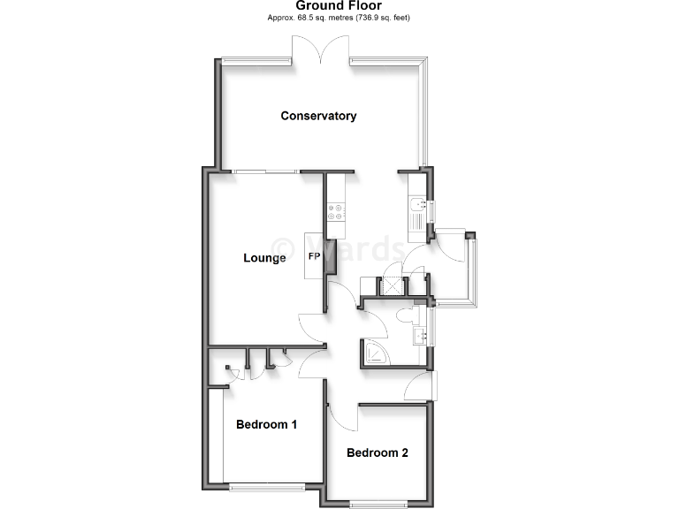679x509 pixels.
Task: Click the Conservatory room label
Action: [x=318, y=116]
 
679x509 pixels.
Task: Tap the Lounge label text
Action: [x=264, y=258]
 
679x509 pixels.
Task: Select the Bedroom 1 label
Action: [x=266, y=424]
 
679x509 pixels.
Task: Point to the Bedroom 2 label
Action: [x=378, y=452]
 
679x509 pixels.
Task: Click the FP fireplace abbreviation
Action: [x=313, y=257]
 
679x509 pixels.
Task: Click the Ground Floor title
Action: [x=339, y=5]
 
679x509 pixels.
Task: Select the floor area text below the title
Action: [x=339, y=18]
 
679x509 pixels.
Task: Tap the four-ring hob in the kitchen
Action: [x=335, y=212]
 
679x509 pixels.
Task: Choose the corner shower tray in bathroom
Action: [x=375, y=353]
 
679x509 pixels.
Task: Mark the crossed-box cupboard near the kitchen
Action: [x=390, y=285]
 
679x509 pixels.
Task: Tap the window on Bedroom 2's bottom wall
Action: [x=376, y=504]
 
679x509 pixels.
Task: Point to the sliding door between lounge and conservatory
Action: [x=265, y=171]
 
